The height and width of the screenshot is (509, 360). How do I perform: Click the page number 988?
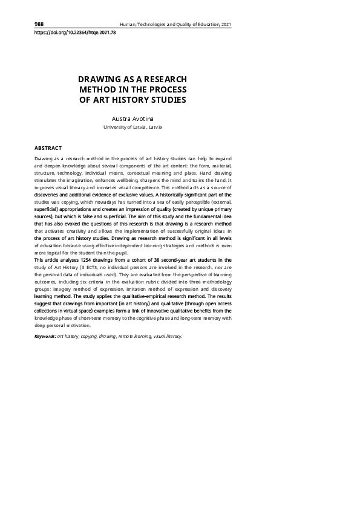click(x=39, y=24)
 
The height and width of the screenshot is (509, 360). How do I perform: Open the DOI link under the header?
click(x=75, y=33)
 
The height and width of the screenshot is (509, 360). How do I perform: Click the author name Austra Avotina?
click(x=133, y=118)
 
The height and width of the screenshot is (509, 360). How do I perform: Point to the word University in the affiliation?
click(x=116, y=128)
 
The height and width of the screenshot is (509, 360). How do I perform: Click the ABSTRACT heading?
click(x=48, y=148)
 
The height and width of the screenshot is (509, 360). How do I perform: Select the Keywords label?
click(x=45, y=336)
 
